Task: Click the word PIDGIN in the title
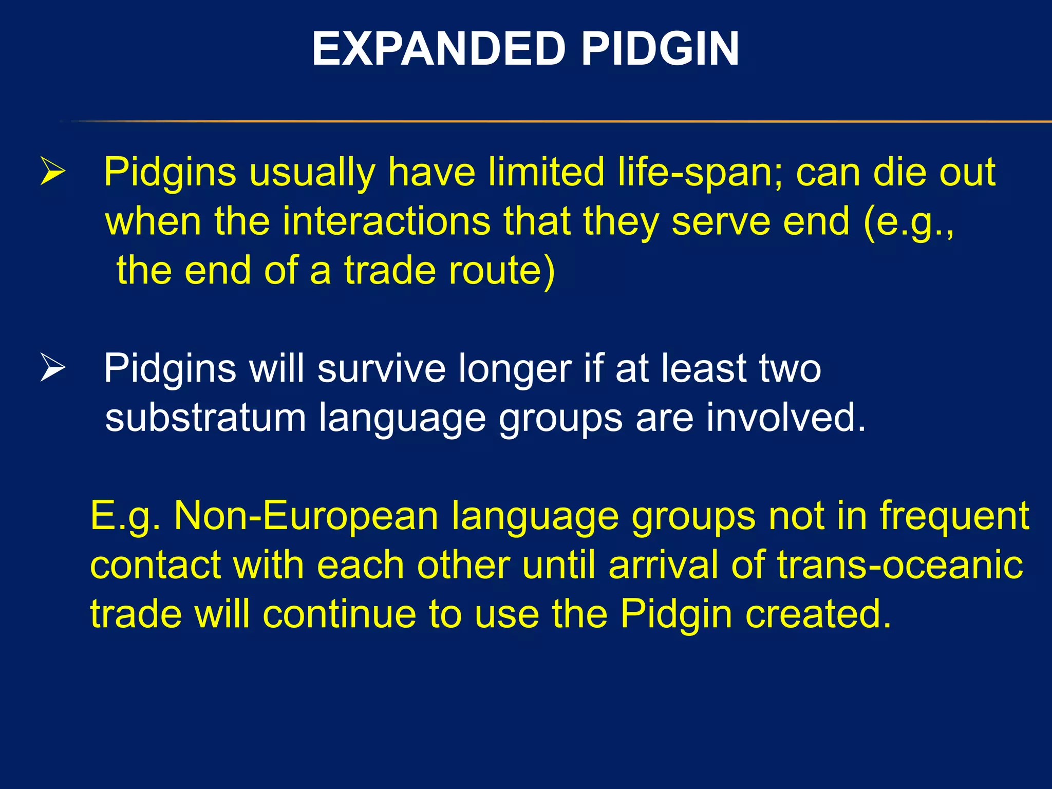click(660, 49)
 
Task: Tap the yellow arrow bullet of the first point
click(53, 172)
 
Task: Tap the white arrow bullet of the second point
click(53, 368)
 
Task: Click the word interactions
click(386, 222)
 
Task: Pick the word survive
click(381, 368)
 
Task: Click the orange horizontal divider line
click(565, 121)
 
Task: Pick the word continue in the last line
click(340, 614)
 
